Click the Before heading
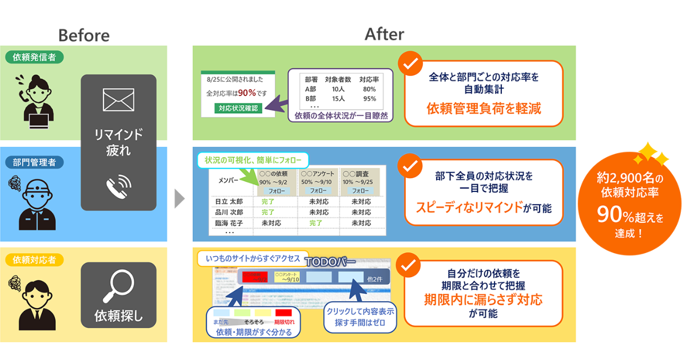[x=83, y=35]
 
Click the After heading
[x=384, y=34]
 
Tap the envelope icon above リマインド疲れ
[x=118, y=100]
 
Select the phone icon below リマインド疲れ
[x=118, y=185]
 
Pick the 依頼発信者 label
[x=34, y=57]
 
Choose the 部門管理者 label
[x=34, y=162]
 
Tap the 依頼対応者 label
[x=34, y=260]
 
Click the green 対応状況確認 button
[x=238, y=108]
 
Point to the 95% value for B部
[x=369, y=98]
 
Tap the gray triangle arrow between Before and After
[x=180, y=199]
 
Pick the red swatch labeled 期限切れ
[x=284, y=313]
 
